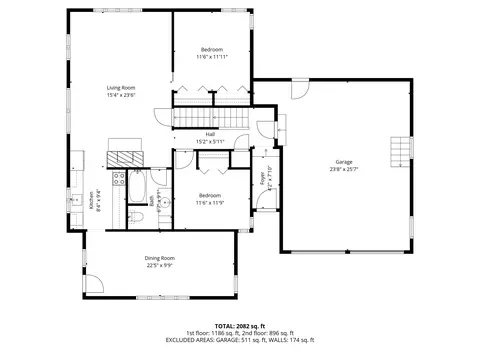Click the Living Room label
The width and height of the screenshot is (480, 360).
coord(121,88)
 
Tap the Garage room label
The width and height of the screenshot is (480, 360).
coord(344,161)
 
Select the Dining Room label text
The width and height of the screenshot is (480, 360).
coord(160,258)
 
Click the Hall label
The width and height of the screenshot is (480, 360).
coord(210,134)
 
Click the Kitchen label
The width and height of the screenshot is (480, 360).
coord(90,201)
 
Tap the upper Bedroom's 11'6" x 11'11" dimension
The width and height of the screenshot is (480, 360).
coord(211,57)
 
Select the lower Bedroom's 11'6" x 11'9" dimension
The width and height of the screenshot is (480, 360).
coord(209,203)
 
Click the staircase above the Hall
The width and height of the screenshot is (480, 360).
coord(209,119)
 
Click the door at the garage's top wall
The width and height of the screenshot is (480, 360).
coord(299,90)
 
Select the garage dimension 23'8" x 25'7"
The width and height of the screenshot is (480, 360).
coord(344,169)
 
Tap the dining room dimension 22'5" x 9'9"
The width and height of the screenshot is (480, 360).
coord(160,266)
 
